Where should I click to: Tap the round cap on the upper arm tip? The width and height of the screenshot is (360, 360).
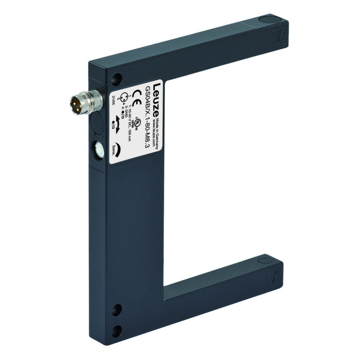point(268,19)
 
